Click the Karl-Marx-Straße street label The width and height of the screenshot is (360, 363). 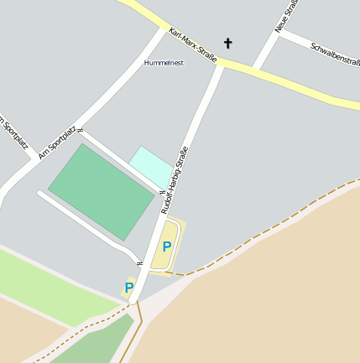pos(192,46)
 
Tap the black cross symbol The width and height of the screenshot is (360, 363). pos(227,43)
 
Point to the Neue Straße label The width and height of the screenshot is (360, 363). pos(287,16)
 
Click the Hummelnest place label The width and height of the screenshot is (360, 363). pos(164,63)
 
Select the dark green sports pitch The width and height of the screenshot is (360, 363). pos(100,191)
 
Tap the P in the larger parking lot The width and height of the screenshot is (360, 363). pos(167,246)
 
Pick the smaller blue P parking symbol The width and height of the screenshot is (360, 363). pos(129,288)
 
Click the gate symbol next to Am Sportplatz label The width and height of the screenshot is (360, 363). pos(81,130)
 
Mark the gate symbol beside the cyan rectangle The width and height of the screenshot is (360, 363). pos(162,192)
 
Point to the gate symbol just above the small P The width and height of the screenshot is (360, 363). pos(140,263)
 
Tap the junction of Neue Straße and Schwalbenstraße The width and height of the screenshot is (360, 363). pos(278,35)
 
